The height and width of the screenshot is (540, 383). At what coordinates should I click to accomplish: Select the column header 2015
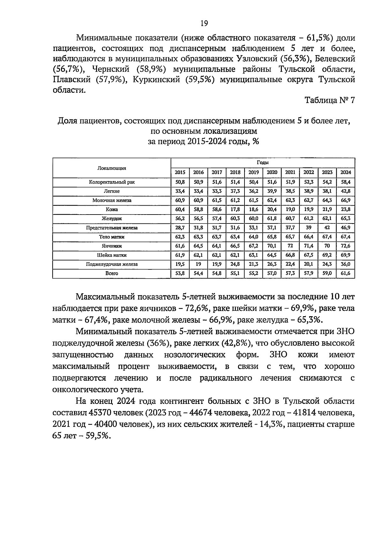coord(180,172)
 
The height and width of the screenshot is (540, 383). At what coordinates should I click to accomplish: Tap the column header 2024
coord(346,172)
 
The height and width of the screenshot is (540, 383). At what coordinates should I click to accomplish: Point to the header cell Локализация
coord(112,168)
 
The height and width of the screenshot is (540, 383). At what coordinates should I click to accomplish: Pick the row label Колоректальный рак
coord(112,182)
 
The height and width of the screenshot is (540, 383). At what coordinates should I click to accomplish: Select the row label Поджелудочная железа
coord(112,264)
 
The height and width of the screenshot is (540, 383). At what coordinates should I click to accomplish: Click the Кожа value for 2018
coord(235,209)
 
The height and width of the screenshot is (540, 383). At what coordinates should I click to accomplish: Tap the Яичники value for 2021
coord(290,246)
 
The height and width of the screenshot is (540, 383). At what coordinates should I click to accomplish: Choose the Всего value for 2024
coord(346,273)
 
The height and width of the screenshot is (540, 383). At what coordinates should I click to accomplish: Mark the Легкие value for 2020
coord(272,191)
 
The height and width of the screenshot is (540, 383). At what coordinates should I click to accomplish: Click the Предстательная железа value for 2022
coord(309,228)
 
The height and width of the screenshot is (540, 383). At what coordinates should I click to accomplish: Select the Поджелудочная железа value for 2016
coord(198,264)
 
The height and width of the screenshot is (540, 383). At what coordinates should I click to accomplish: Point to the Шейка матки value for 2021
coord(290,255)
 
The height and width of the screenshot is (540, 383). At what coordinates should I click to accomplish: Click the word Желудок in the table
coord(112,219)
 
